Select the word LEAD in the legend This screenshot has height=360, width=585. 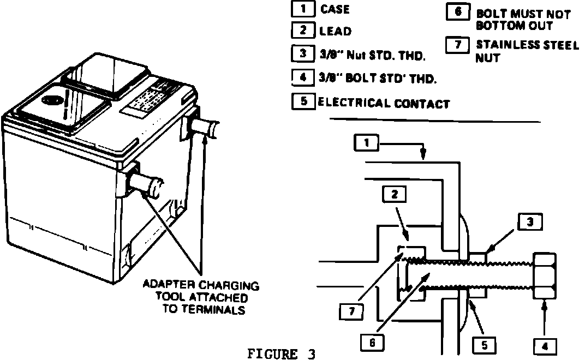(335, 32)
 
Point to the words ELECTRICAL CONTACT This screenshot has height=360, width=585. (383, 103)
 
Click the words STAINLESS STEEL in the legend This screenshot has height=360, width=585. (527, 45)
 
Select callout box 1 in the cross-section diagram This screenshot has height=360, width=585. (367, 143)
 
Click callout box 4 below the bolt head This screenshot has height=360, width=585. (545, 345)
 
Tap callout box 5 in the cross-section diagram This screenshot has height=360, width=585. (484, 345)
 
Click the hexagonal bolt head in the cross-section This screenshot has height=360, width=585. (545, 275)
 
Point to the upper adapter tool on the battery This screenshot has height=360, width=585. (206, 129)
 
